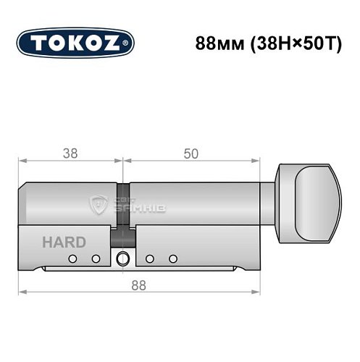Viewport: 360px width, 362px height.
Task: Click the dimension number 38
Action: [x=70, y=153]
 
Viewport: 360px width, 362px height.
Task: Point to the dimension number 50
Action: [x=191, y=153]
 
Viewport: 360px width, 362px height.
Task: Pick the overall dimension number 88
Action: [x=138, y=285]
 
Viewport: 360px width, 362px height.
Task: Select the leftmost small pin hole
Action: [x=72, y=259]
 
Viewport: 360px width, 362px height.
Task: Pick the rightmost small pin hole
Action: [x=172, y=259]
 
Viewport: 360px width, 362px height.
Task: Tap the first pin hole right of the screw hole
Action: [x=149, y=259]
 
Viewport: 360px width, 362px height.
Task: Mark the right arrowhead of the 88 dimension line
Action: [x=256, y=293]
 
